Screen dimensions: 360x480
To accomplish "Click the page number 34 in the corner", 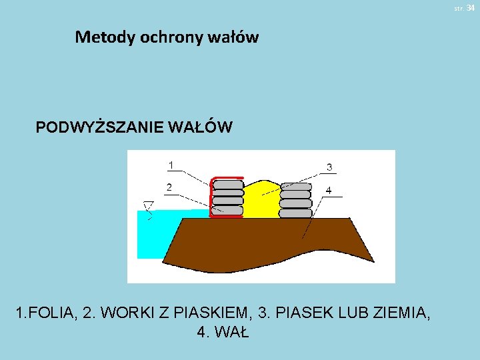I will [470, 7].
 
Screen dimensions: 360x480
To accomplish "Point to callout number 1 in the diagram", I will [171, 165].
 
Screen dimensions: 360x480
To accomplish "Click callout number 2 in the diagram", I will [171, 187].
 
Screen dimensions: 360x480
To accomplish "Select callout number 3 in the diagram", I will [329, 167].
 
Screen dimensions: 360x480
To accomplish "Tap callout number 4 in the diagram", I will [329, 190].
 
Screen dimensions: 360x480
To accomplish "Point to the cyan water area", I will [153, 233].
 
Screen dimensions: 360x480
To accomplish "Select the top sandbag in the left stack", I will [227, 184].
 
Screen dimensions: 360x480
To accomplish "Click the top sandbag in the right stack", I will [296, 187].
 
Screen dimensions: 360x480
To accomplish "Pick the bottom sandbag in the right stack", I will [296, 213].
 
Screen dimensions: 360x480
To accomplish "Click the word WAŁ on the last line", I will [232, 332].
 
